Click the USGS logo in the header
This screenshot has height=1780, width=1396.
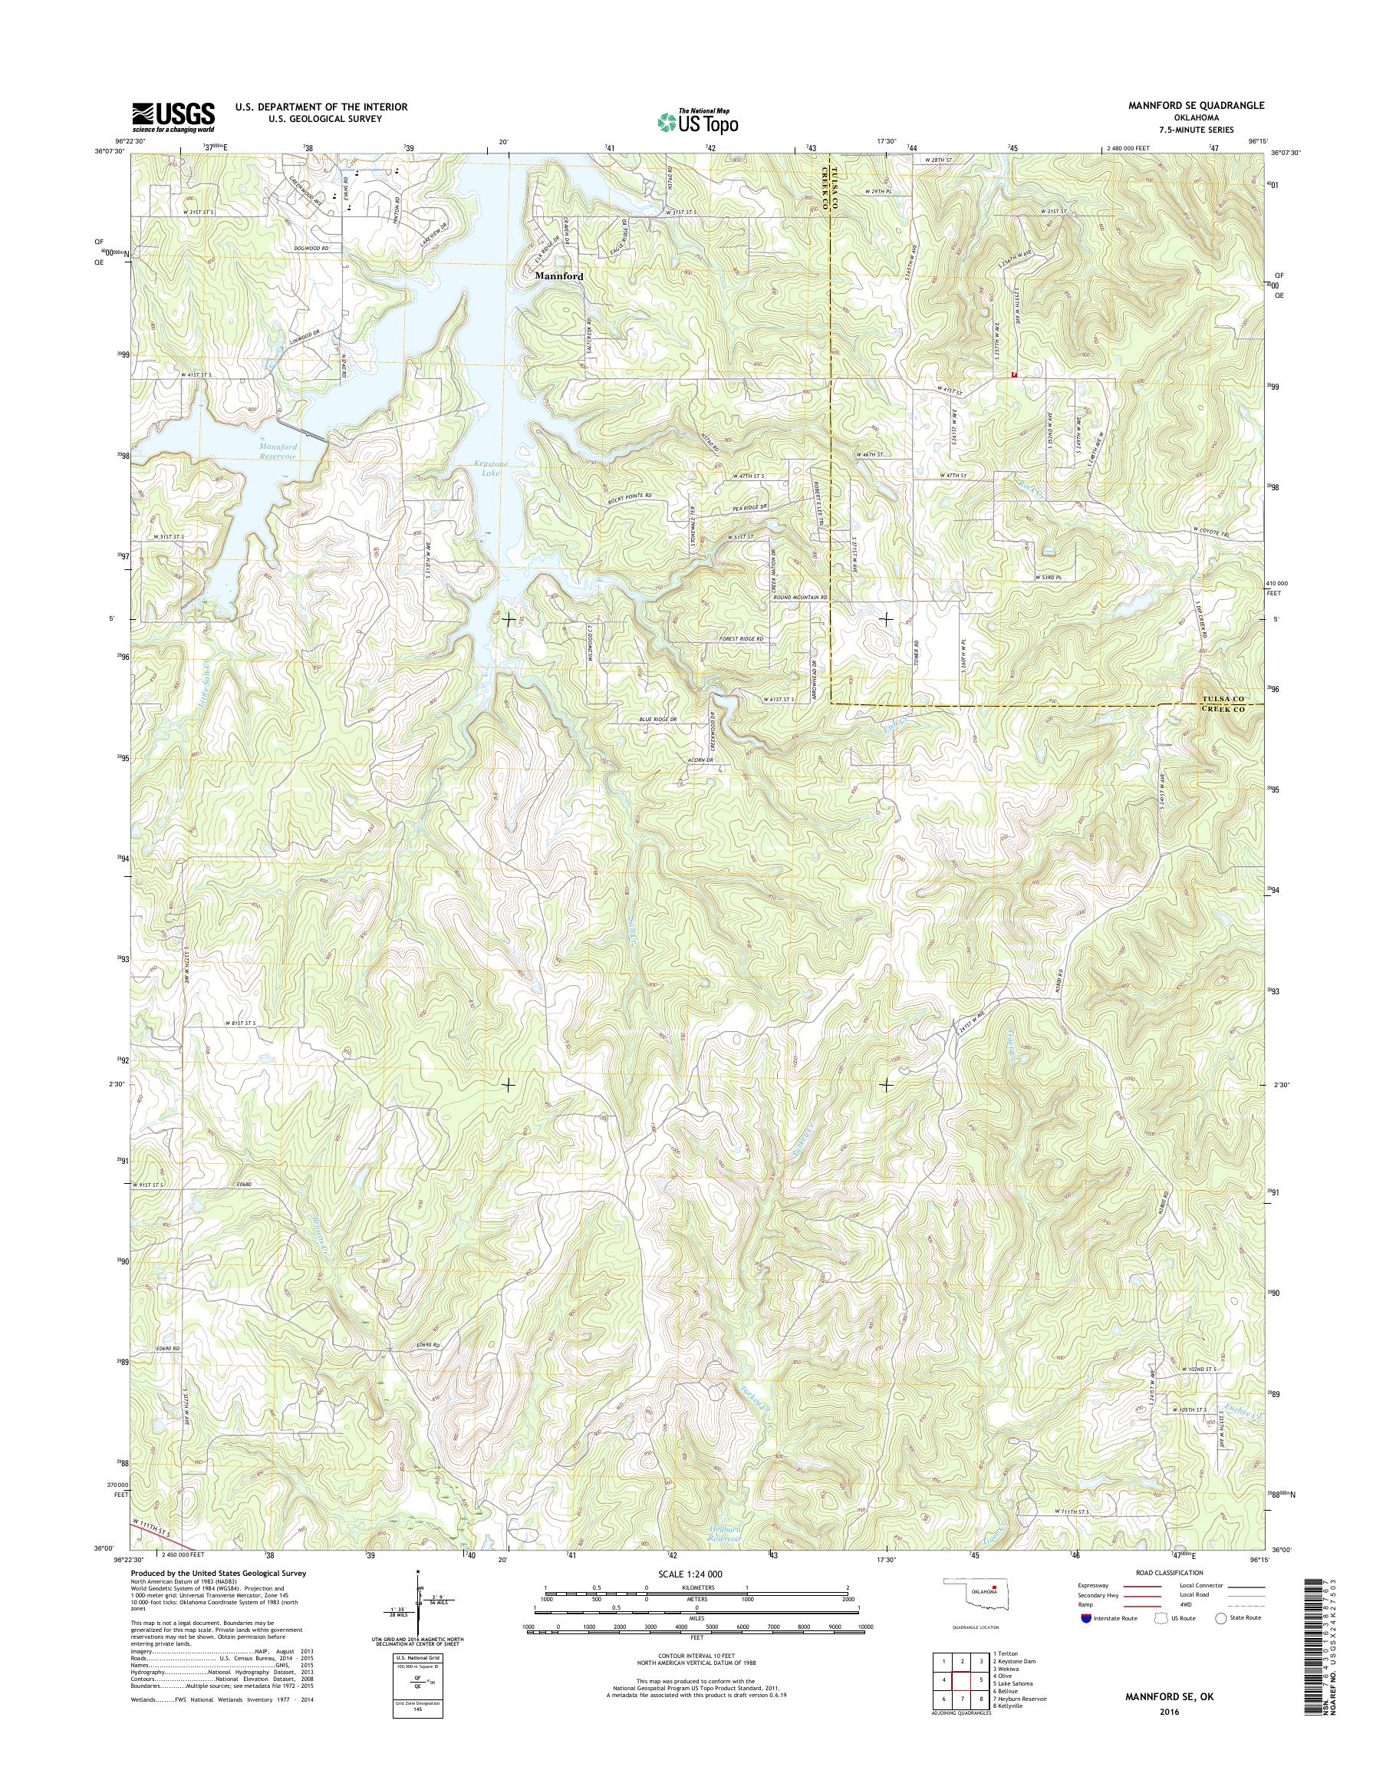173,117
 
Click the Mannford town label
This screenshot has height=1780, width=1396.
559,277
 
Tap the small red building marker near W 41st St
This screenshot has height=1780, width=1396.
1014,374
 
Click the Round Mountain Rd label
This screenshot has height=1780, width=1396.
801,598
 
